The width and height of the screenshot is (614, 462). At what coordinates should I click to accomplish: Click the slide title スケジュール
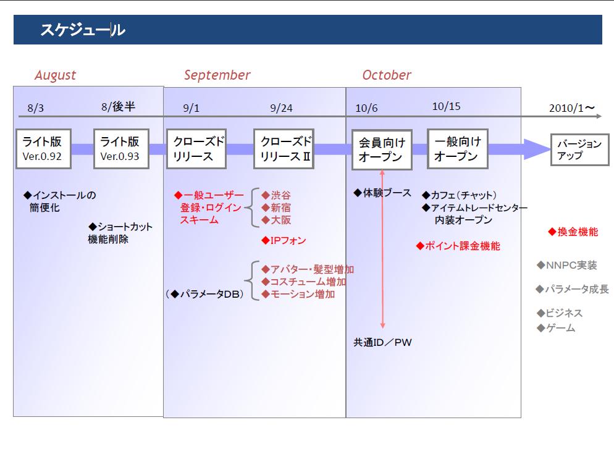[82, 30]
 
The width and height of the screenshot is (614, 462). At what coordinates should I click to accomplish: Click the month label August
[55, 75]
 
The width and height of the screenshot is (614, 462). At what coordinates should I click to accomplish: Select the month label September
[217, 75]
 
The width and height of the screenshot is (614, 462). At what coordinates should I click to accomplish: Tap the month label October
[387, 75]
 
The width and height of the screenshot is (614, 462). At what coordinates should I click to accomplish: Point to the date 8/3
[36, 108]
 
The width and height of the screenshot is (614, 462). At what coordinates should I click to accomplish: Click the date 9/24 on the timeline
[281, 108]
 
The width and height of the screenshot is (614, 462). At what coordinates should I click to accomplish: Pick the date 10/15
[446, 106]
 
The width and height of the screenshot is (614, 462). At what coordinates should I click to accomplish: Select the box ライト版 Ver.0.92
[43, 149]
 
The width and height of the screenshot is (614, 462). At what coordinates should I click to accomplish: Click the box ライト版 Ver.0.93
[120, 149]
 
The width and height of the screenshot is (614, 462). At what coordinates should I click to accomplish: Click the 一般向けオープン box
[457, 149]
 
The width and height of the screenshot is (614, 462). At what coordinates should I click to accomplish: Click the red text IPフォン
[284, 240]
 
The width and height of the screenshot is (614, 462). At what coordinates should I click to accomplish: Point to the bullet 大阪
[276, 220]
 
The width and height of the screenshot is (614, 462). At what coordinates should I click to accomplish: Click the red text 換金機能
[573, 232]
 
